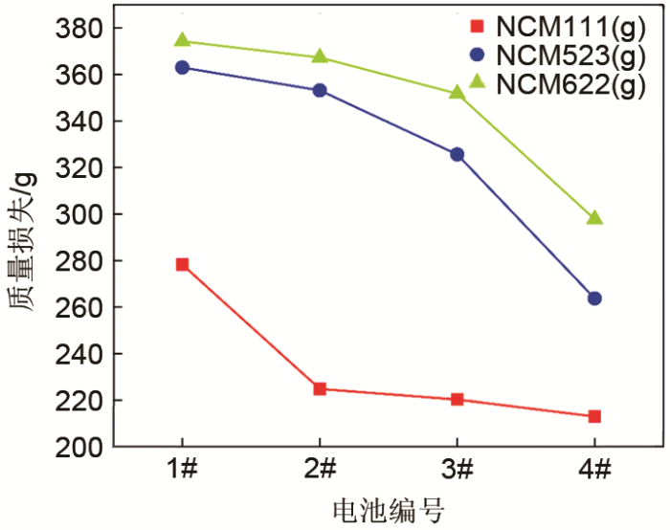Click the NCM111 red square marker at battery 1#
tap(182, 264)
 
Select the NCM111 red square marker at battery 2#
tap(320, 389)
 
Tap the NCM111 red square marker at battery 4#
tap(594, 416)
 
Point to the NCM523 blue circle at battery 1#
tap(182, 67)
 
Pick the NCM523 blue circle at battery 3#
tap(457, 154)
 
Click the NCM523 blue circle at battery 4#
tap(594, 298)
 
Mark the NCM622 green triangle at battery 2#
tap(320, 56)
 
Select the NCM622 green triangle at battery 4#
tap(594, 217)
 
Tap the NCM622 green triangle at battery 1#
tap(182, 40)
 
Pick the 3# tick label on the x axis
tap(457, 470)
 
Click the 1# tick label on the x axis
tap(182, 470)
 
